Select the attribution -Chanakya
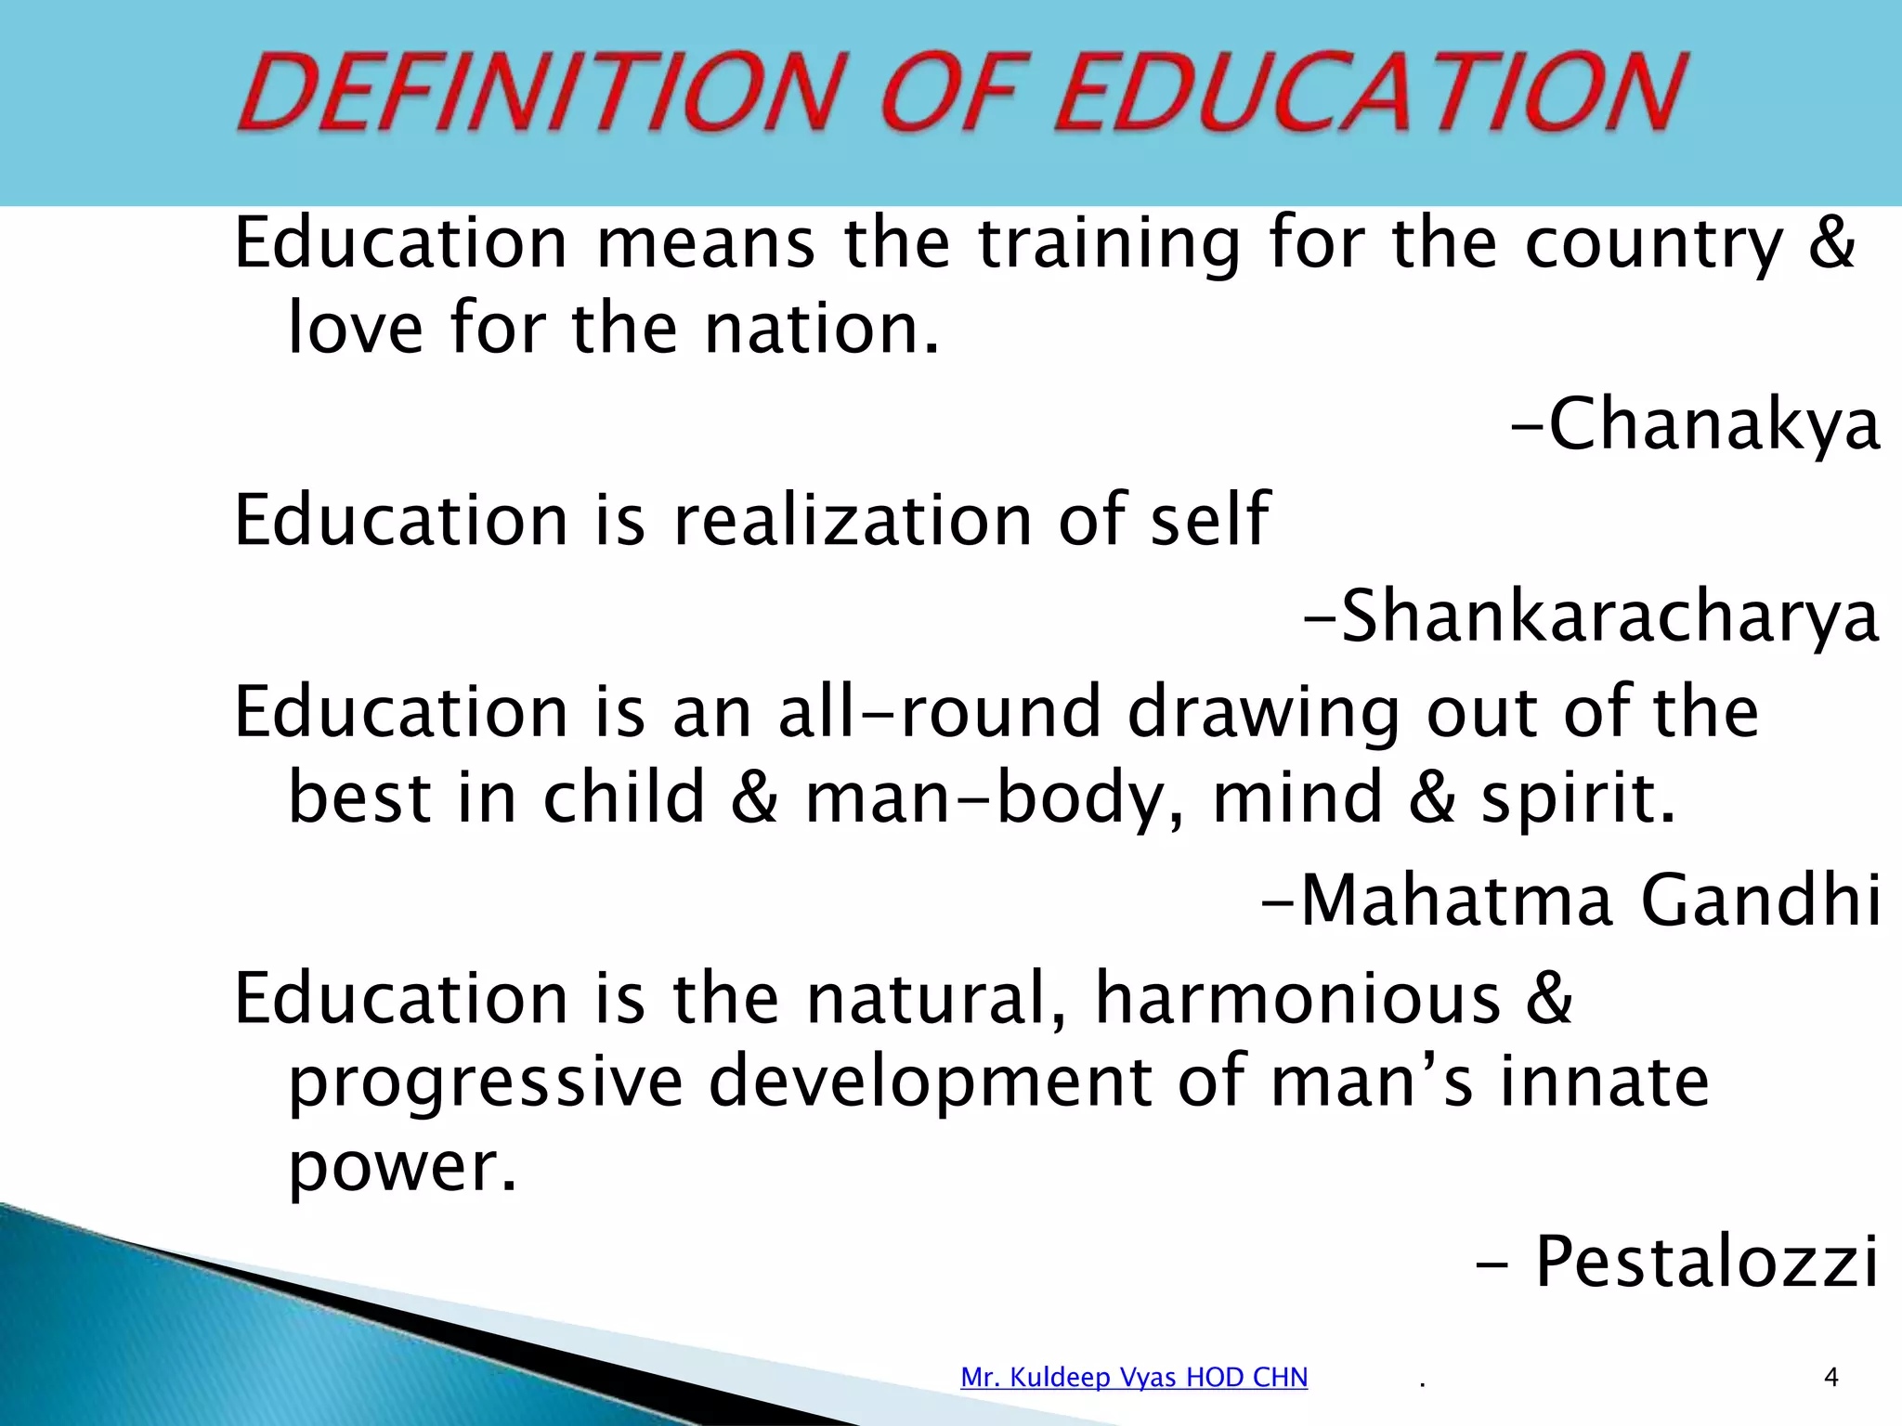1696,424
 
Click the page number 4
1830,1377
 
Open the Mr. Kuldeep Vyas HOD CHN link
1134,1377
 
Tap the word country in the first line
1654,243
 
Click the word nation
821,329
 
